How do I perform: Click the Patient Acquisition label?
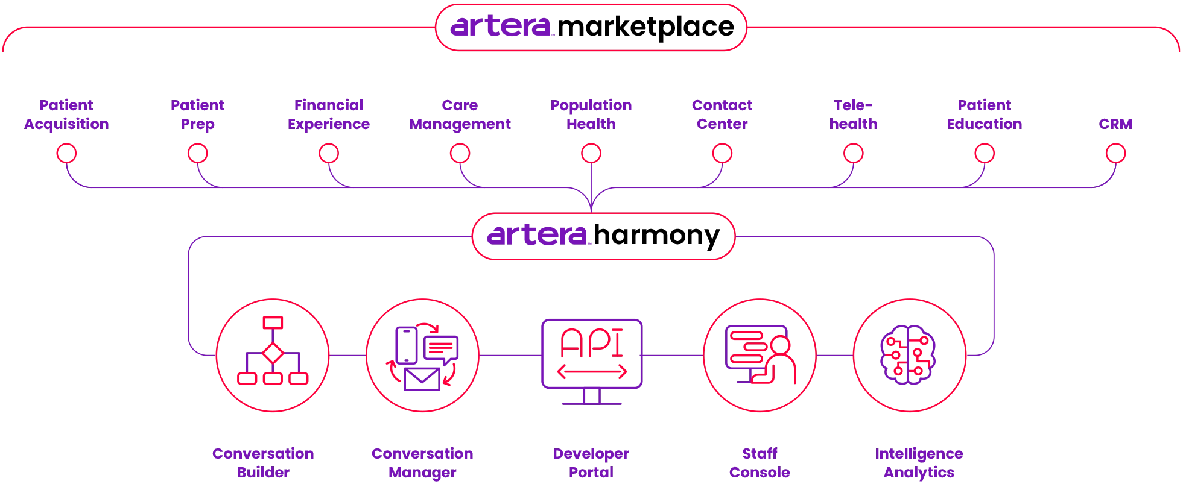[x=67, y=115]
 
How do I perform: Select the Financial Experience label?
[x=329, y=115]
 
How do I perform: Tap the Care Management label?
[x=460, y=115]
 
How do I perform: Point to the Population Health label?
[x=591, y=115]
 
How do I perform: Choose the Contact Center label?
[x=722, y=115]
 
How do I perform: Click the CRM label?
[x=1115, y=124]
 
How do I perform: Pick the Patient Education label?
[x=985, y=115]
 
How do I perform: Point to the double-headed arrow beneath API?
[x=592, y=372]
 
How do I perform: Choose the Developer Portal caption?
[x=592, y=463]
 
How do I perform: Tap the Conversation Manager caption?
[x=422, y=463]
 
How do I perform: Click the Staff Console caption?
[x=760, y=463]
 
